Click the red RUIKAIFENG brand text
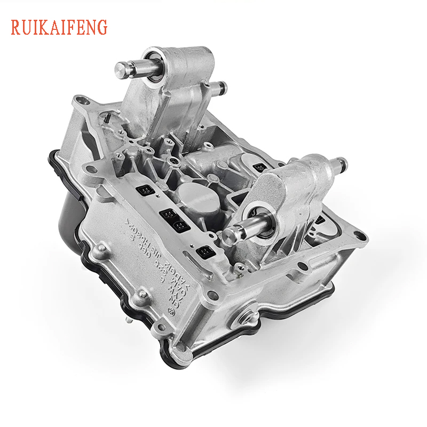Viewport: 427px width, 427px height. tap(59, 26)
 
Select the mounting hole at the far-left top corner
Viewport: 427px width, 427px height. tap(80, 99)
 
